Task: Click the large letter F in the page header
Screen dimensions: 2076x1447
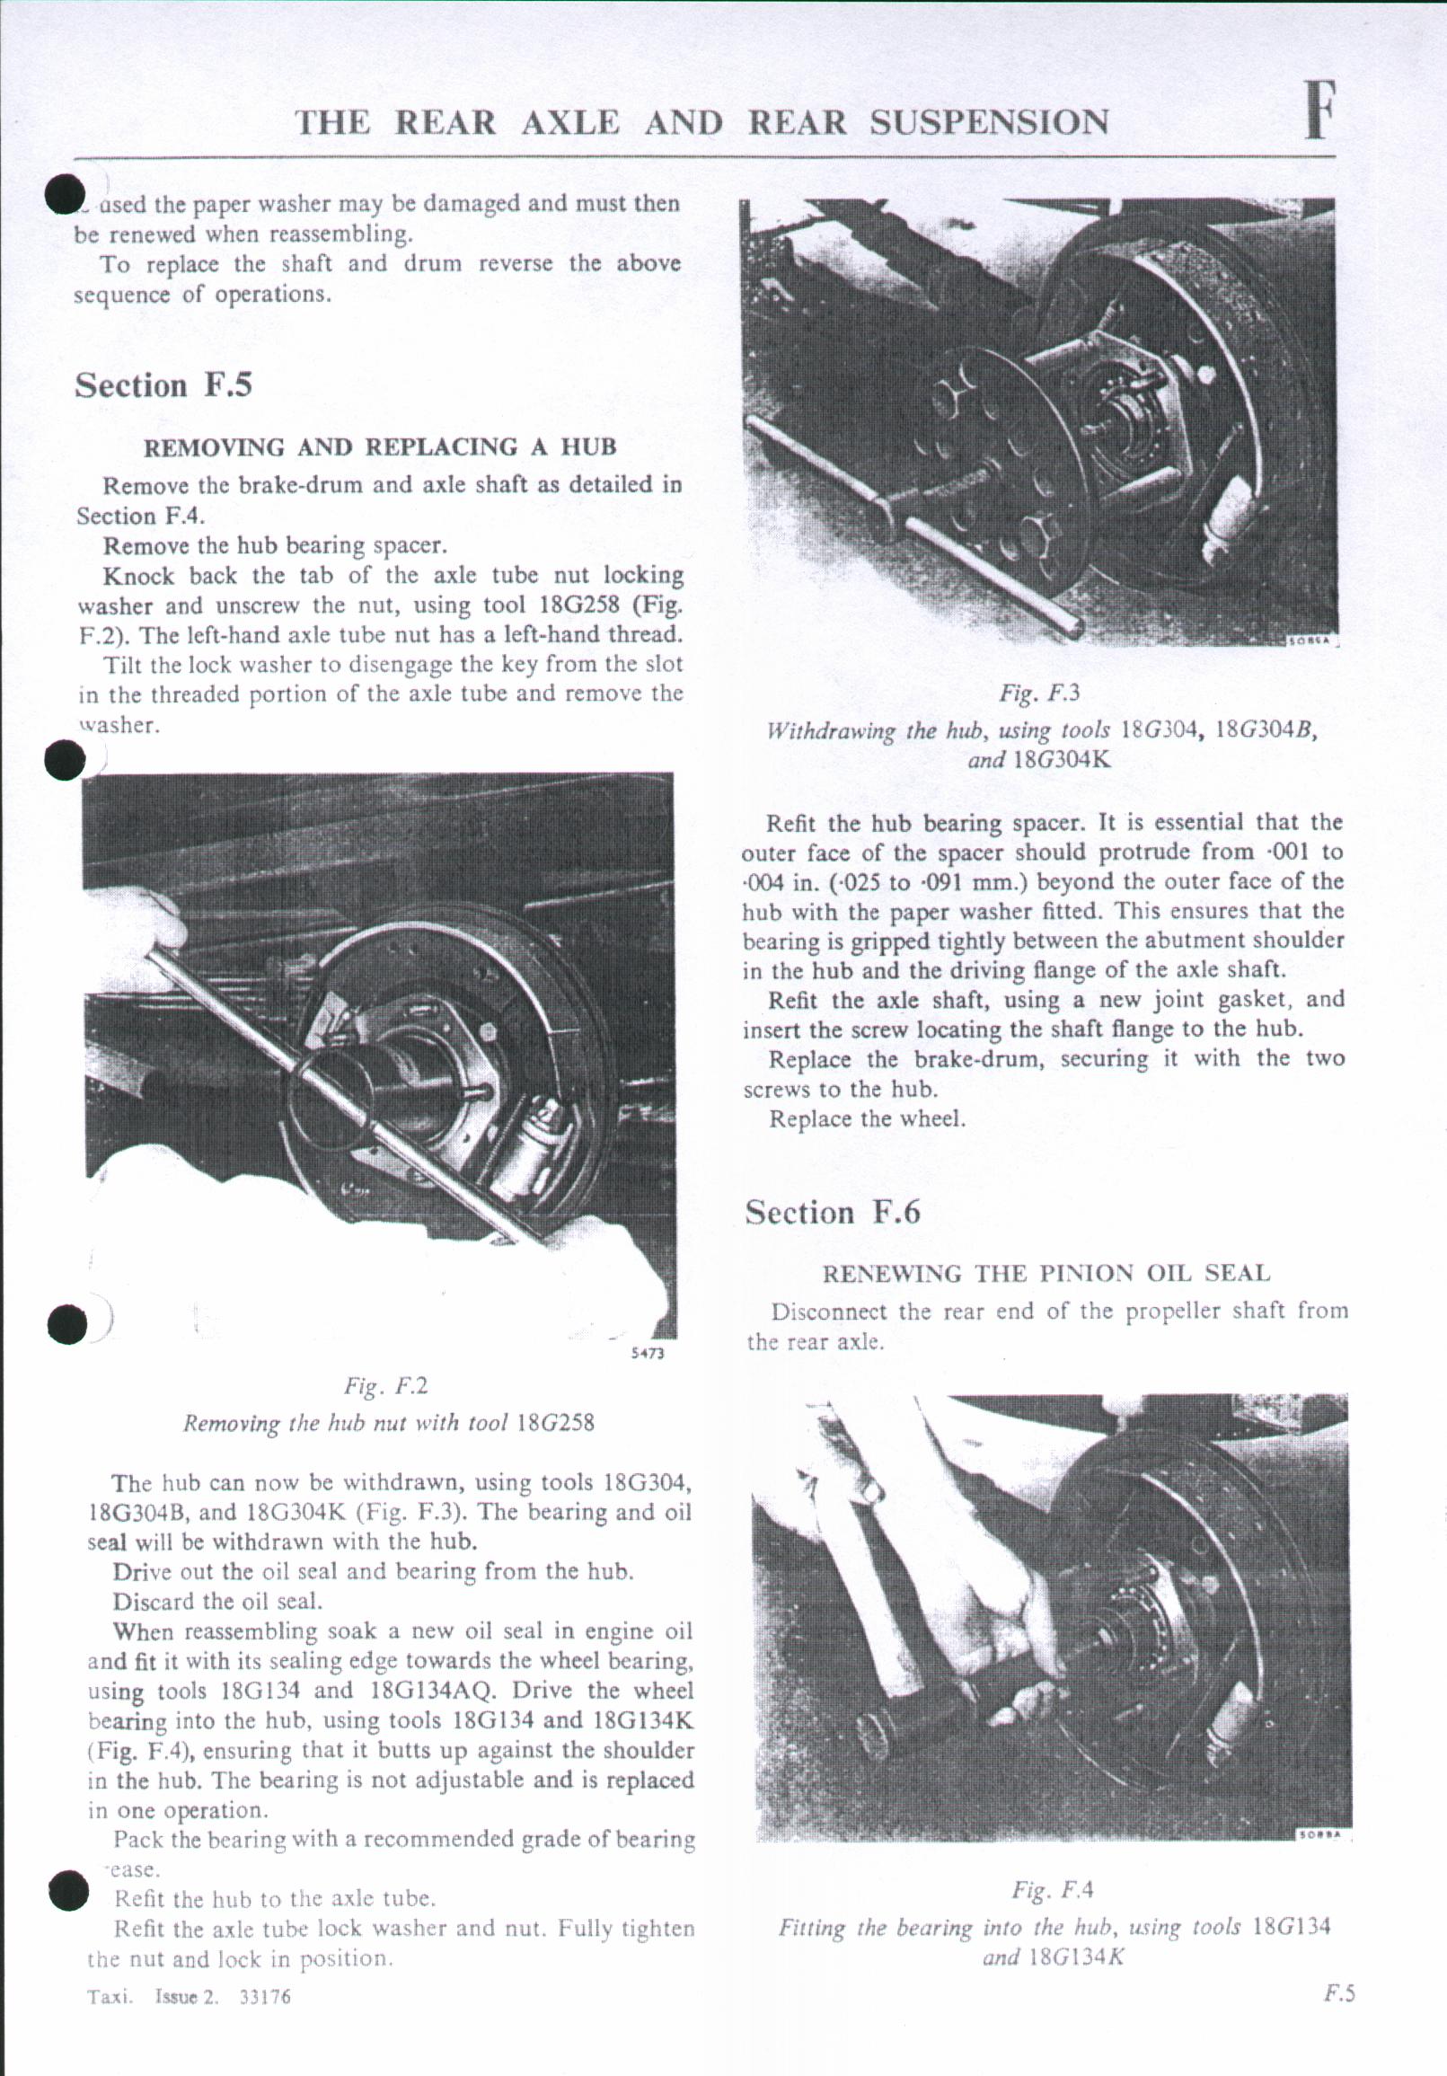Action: [1320, 112]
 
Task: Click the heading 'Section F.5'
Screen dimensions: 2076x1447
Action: [163, 386]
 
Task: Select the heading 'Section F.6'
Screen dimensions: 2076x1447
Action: [833, 1213]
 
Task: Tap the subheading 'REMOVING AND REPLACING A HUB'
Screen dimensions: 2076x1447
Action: [381, 446]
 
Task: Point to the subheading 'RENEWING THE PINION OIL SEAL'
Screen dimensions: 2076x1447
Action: [1046, 1274]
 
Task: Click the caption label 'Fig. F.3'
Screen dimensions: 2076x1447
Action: [1040, 694]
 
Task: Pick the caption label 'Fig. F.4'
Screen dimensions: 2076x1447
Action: [1053, 1890]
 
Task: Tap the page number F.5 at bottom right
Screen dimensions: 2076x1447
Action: [1339, 1993]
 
